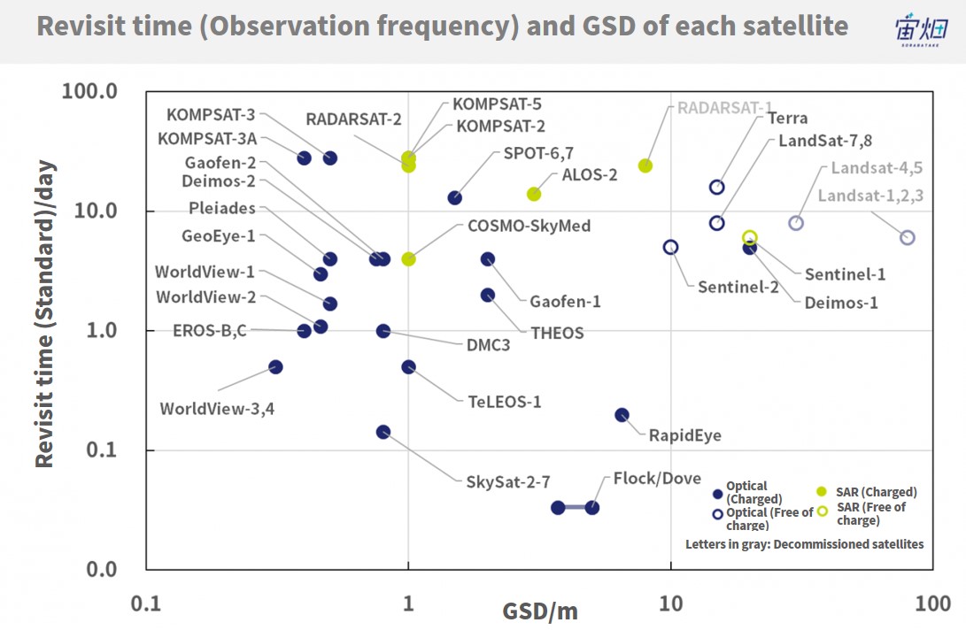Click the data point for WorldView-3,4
click(276, 367)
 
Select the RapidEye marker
click(622, 415)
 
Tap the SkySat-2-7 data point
click(383, 433)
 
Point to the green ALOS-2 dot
click(534, 195)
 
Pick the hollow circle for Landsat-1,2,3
click(907, 238)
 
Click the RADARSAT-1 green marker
click(645, 165)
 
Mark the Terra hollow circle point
click(716, 188)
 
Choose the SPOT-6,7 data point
click(454, 197)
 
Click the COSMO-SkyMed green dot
click(408, 259)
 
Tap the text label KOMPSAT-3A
click(207, 139)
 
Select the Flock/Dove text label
click(657, 479)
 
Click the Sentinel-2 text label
click(738, 287)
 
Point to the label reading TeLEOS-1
click(504, 402)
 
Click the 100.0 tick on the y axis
click(89, 91)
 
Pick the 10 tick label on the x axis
click(670, 603)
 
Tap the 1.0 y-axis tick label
click(102, 331)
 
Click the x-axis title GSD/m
click(540, 611)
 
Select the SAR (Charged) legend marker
click(821, 491)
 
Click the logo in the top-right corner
click(921, 29)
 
